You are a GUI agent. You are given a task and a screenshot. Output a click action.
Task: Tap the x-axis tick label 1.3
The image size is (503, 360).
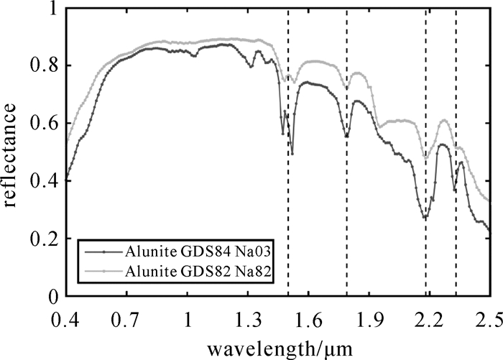pos(249,317)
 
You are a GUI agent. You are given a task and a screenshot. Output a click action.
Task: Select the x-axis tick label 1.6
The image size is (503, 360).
pos(309,317)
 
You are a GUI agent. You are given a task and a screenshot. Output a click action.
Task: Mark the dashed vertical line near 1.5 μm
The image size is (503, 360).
pos(288,180)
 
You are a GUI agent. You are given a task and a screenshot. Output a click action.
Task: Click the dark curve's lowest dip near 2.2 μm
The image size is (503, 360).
pos(425,217)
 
